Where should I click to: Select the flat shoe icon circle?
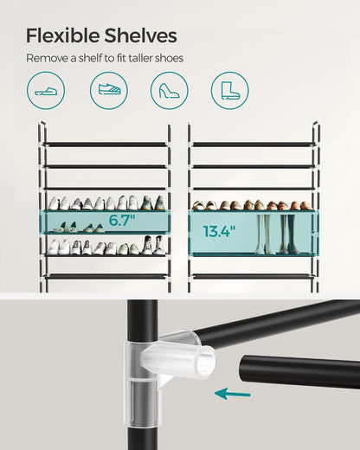(44, 90)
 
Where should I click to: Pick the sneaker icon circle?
(108, 90)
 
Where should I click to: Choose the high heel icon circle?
(169, 90)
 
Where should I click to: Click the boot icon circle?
(229, 90)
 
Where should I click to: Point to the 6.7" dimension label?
(121, 221)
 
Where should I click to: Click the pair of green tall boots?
(264, 234)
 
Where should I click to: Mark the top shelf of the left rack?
(105, 144)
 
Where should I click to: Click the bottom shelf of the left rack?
(105, 276)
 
